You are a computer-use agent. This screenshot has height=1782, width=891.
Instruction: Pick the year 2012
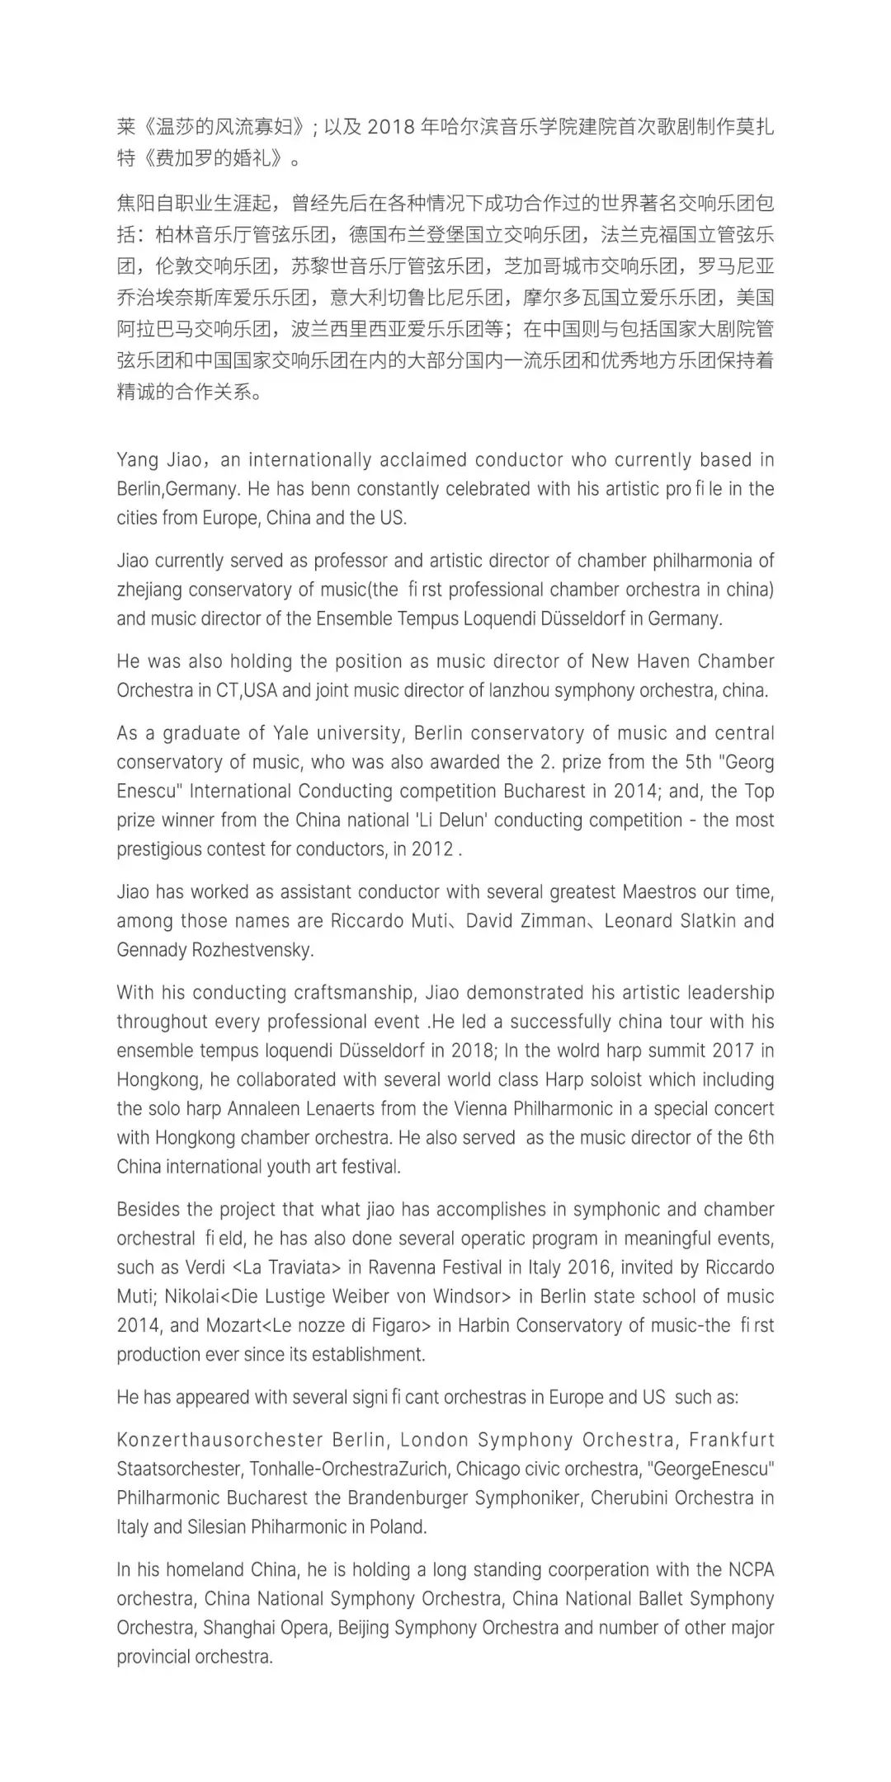pyautogui.click(x=432, y=849)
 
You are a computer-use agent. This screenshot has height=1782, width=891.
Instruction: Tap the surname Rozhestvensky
pyautogui.click(x=252, y=949)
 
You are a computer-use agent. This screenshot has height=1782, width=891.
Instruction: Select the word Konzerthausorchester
pyautogui.click(x=219, y=1440)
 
